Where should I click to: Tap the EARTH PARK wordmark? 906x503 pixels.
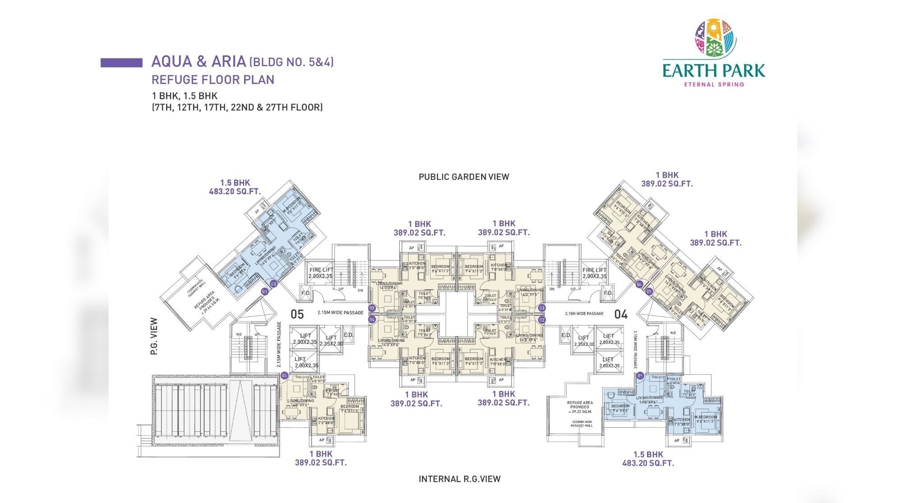click(714, 71)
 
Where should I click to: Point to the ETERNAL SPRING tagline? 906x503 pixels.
click(714, 84)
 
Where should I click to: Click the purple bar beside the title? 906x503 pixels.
click(121, 63)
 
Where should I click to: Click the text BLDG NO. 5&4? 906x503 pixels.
click(291, 62)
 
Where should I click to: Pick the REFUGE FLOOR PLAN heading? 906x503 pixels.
click(213, 80)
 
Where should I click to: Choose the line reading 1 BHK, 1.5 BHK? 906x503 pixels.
click(185, 96)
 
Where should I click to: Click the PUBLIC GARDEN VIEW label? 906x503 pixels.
click(463, 177)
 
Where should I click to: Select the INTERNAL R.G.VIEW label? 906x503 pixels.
click(459, 479)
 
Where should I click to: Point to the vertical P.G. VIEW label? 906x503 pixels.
click(154, 336)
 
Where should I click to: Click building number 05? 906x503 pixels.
click(297, 314)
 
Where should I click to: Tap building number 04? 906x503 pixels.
click(621, 314)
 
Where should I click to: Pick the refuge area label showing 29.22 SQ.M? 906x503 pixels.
click(580, 407)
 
